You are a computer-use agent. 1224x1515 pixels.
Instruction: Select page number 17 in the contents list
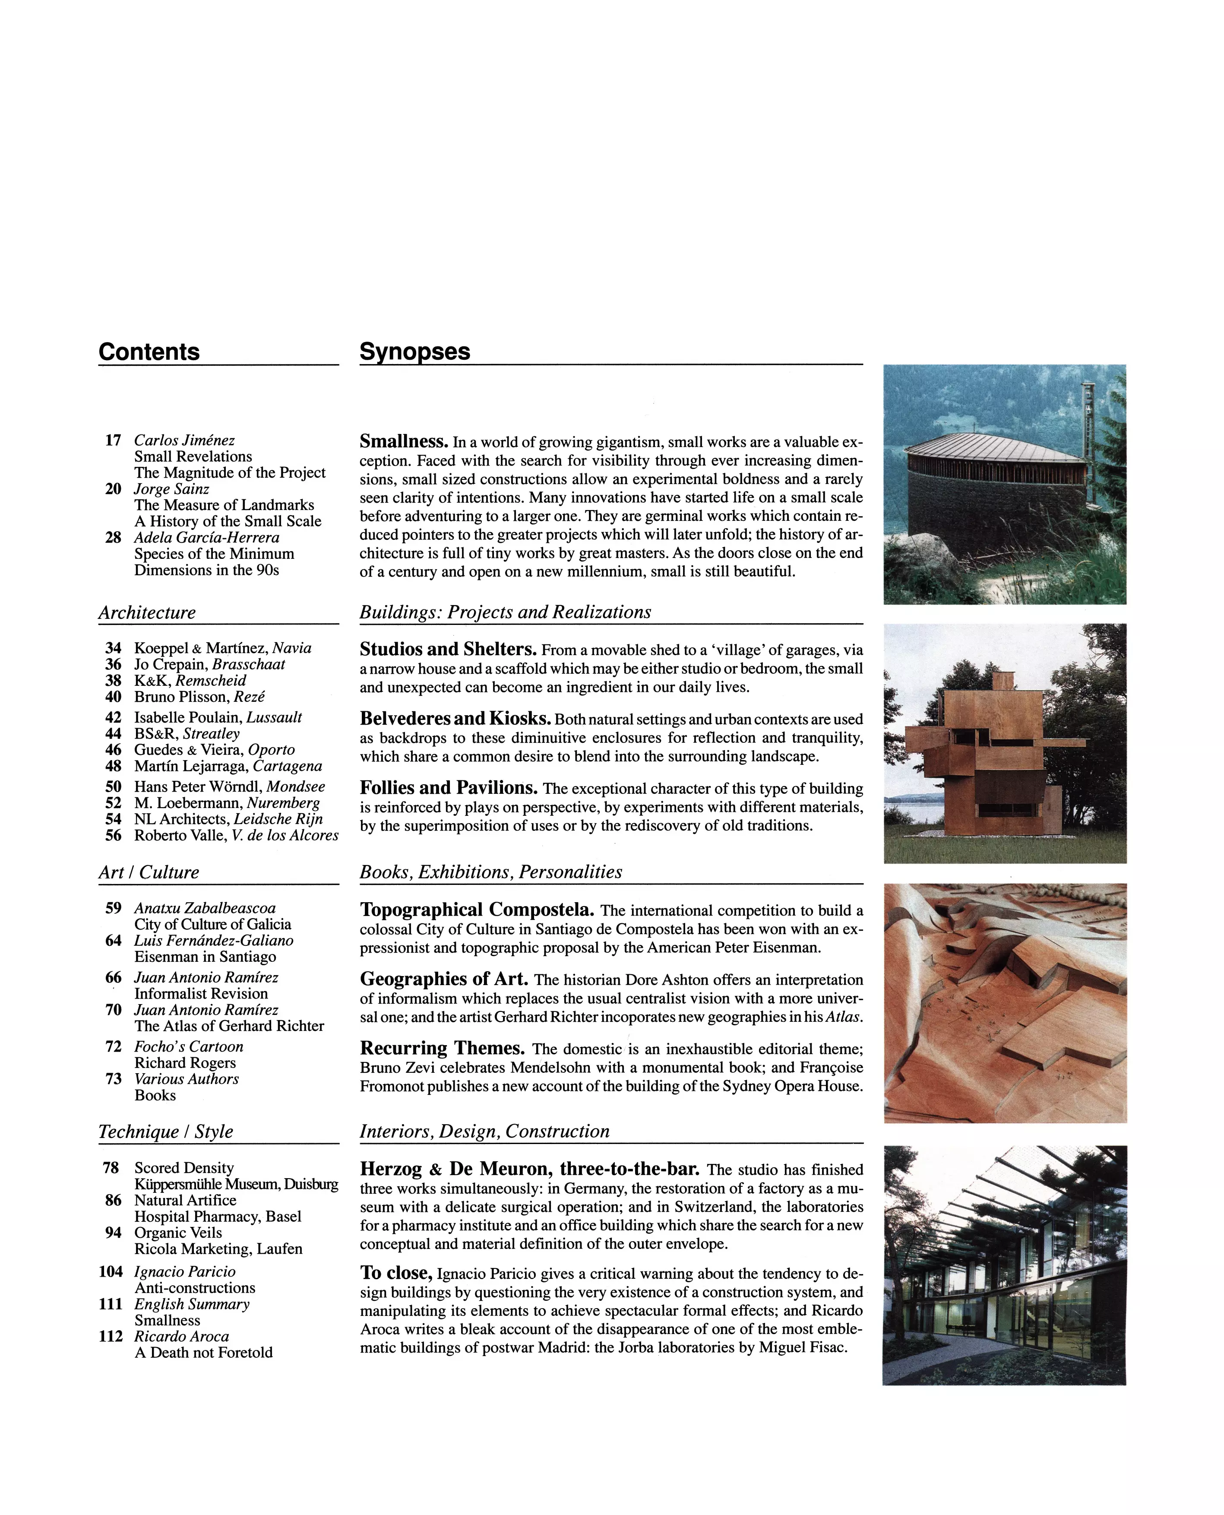click(113, 440)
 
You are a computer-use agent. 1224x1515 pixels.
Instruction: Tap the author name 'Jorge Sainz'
click(171, 489)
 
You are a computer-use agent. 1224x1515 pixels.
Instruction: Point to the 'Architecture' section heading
click(147, 612)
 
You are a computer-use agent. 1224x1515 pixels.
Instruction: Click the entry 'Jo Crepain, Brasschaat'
click(209, 664)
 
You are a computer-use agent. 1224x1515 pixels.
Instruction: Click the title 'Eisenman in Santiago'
click(205, 957)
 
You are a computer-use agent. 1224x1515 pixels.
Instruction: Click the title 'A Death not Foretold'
click(203, 1352)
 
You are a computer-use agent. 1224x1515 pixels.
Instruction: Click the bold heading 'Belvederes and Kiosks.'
click(455, 718)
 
